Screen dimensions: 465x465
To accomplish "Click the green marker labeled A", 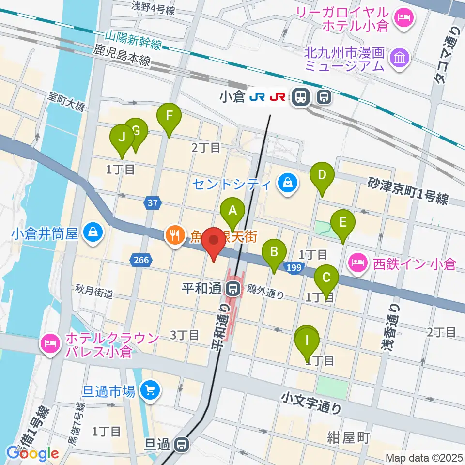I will click(232, 210).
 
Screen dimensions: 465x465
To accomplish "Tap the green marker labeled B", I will click(274, 251).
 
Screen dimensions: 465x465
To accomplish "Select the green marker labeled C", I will click(326, 278).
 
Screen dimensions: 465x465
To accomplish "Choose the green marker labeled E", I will click(343, 222).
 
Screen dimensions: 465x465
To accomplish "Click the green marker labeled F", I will click(169, 116).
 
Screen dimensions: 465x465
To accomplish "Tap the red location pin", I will click(213, 240).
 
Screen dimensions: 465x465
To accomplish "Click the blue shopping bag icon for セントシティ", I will click(288, 184).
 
